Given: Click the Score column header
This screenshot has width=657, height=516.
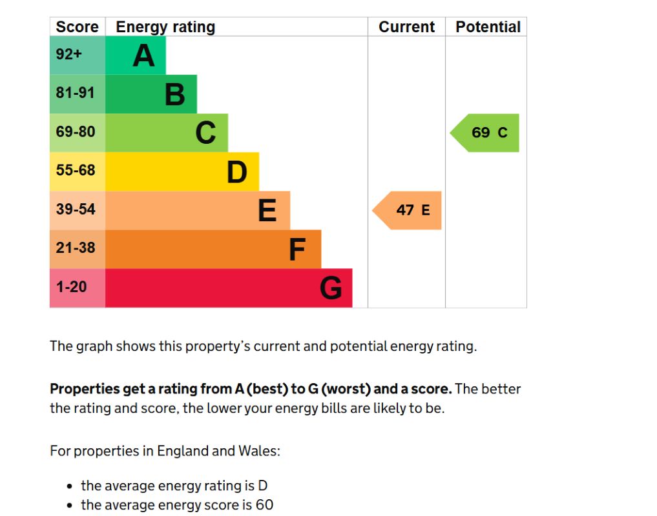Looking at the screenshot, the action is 77,27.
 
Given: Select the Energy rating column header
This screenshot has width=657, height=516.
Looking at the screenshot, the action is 165,27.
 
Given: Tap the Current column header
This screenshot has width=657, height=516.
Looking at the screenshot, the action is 406,27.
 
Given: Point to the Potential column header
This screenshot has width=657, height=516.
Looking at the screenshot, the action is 488,27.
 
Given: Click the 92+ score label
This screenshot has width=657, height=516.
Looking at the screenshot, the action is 68,54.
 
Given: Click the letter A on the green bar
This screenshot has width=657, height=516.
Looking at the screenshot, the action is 143,55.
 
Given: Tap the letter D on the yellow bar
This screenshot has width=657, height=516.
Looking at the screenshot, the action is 236,172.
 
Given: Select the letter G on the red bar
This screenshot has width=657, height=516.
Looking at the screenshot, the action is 331,288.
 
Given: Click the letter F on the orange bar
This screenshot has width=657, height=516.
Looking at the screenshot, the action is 297,250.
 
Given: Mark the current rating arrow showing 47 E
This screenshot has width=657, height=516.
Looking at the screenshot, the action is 407,210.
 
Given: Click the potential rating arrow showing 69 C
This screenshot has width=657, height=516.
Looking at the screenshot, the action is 485,133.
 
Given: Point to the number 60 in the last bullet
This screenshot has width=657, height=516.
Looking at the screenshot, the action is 264,504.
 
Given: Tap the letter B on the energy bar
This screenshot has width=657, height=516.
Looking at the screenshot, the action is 174,95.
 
